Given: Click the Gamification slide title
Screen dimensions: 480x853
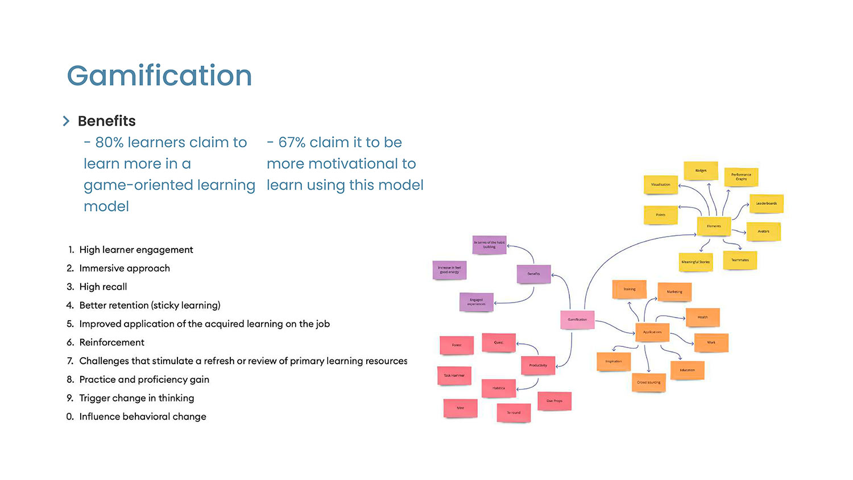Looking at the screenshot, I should coord(159,76).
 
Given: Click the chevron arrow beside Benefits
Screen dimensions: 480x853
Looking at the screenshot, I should coord(66,121).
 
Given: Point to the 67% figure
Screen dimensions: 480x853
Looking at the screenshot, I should coord(292,142).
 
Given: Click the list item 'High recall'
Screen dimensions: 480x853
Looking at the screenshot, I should coord(103,287).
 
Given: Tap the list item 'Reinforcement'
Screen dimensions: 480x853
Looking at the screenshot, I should coord(111,342).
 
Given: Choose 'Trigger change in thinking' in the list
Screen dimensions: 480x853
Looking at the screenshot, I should coord(136,398).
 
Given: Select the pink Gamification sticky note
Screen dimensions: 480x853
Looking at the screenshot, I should coord(577,320).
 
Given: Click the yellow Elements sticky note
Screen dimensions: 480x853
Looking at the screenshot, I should coord(714,226).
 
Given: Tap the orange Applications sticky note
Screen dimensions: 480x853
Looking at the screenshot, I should coord(652,332).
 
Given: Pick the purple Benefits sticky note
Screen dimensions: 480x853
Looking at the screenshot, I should coord(533,274).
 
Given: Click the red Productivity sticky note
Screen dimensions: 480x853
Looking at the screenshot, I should coord(538,365).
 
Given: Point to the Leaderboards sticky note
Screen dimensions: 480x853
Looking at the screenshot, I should coord(766,204).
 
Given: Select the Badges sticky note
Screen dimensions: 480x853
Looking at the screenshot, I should coord(701,171).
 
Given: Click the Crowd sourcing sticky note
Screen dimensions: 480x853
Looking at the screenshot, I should coord(648,382).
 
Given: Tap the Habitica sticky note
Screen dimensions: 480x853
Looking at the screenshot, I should coord(499,388).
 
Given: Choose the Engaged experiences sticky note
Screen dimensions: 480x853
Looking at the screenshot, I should coord(477,302).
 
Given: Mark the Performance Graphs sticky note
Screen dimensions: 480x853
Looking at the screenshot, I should coord(741,177).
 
